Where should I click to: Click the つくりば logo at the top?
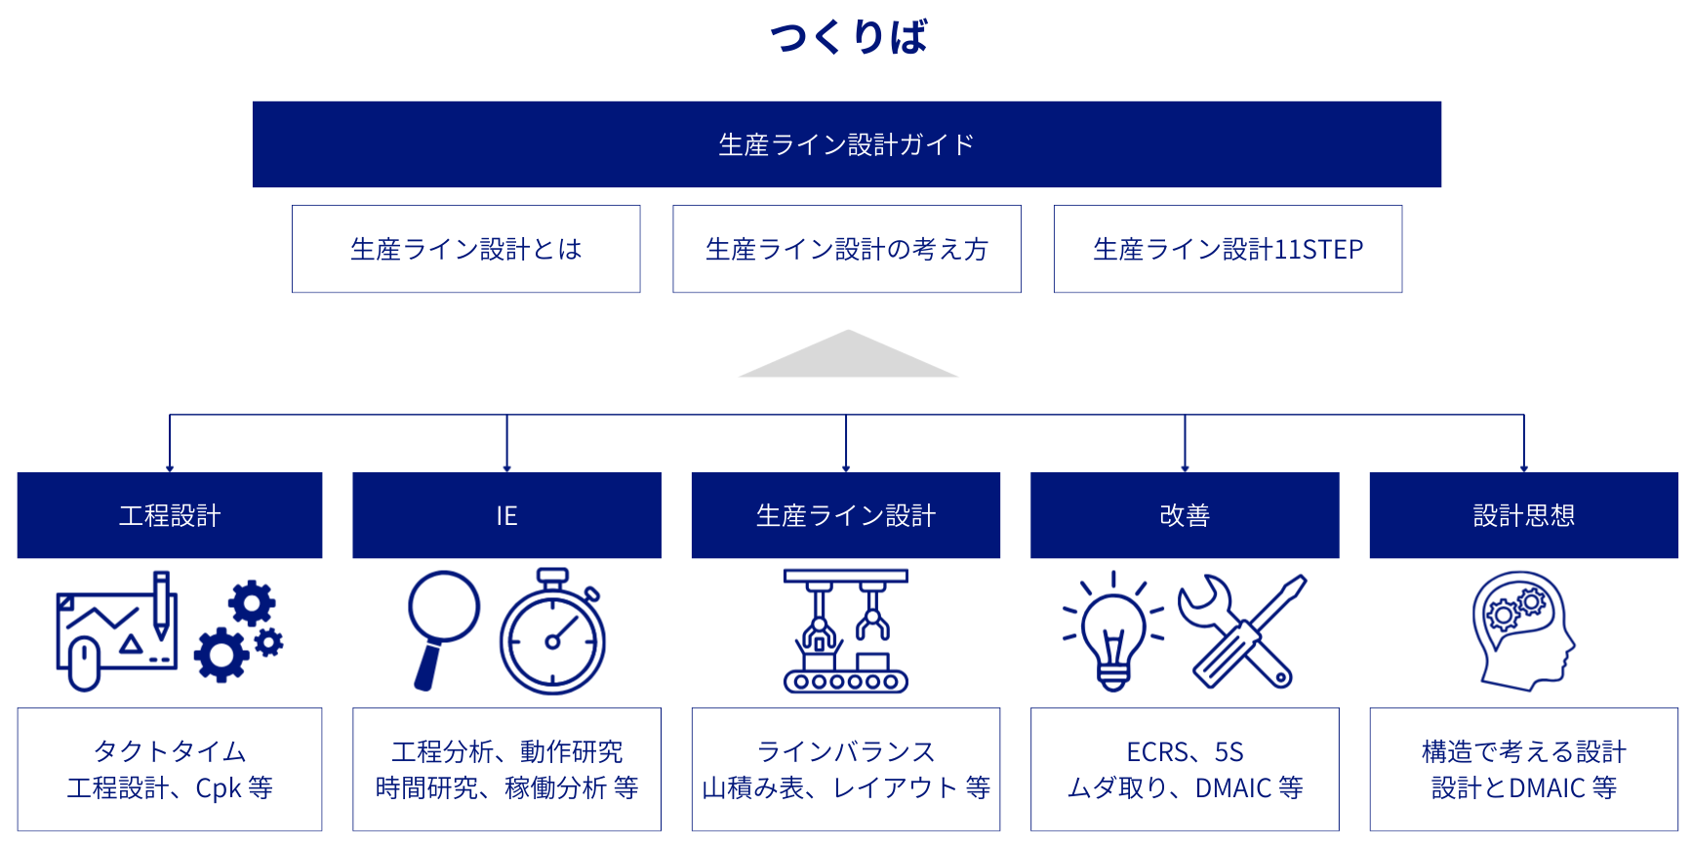pyautogui.click(x=847, y=37)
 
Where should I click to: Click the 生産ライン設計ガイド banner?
pyautogui.click(x=846, y=144)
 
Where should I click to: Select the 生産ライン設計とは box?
pyautogui.click(x=465, y=249)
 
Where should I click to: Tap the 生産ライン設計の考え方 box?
pyautogui.click(x=846, y=249)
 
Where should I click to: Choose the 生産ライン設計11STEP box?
pyautogui.click(x=1228, y=249)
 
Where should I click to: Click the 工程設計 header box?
pyautogui.click(x=170, y=515)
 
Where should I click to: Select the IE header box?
pyautogui.click(x=506, y=515)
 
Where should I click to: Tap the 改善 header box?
pyautogui.click(x=1185, y=515)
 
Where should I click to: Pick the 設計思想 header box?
pyautogui.click(x=1523, y=515)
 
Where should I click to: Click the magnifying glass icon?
pyautogui.click(x=442, y=624)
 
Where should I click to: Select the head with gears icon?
pyautogui.click(x=1522, y=630)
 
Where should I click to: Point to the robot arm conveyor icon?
pyautogui.click(x=845, y=631)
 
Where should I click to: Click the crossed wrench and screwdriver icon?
pyautogui.click(x=1242, y=630)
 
